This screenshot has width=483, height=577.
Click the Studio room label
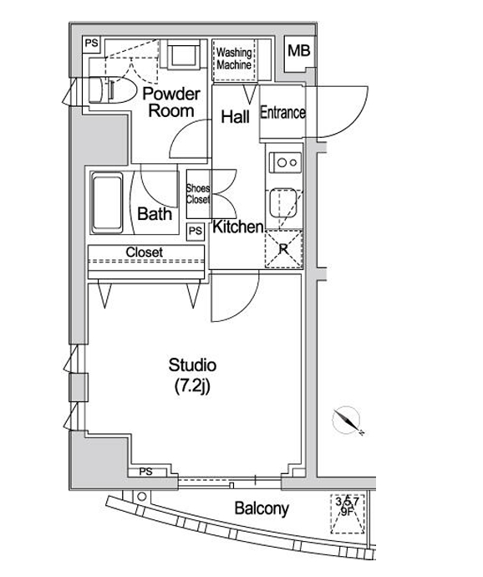pyautogui.click(x=192, y=365)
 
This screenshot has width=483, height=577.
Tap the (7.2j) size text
pyautogui.click(x=192, y=386)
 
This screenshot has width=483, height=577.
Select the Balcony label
pyautogui.click(x=262, y=508)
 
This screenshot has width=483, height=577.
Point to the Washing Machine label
pyautogui.click(x=234, y=59)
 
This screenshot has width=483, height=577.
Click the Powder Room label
pyautogui.click(x=171, y=102)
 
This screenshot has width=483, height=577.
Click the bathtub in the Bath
pyautogui.click(x=107, y=202)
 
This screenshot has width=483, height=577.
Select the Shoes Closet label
pyautogui.click(x=198, y=194)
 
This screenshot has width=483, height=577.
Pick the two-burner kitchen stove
pyautogui.click(x=286, y=163)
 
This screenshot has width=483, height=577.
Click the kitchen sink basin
pyautogui.click(x=283, y=202)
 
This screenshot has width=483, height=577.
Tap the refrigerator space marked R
pyautogui.click(x=283, y=249)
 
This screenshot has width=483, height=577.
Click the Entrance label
pyautogui.click(x=282, y=113)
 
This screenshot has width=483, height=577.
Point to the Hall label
pyautogui.click(x=235, y=117)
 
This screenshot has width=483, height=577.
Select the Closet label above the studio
pyautogui.click(x=145, y=252)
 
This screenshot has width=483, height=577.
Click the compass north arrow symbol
pyautogui.click(x=347, y=421)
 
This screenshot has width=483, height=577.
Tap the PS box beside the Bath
pyautogui.click(x=196, y=232)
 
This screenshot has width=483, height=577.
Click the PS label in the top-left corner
pyautogui.click(x=92, y=43)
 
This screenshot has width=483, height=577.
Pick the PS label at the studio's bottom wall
pyautogui.click(x=146, y=472)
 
